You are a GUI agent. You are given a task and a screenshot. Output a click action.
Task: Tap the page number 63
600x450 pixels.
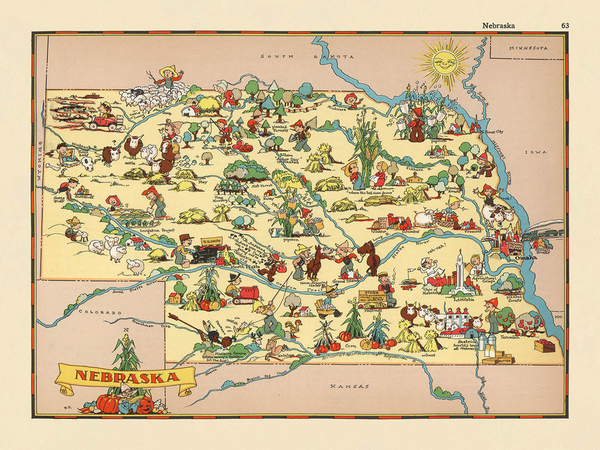[x=565, y=26]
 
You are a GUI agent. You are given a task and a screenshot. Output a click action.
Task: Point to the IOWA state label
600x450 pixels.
[x=535, y=152]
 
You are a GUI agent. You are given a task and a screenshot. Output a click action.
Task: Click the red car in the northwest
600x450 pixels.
[x=103, y=123]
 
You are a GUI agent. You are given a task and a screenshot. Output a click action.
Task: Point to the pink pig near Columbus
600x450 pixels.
[x=425, y=219]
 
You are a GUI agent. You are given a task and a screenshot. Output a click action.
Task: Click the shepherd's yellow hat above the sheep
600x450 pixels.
[x=169, y=69]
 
